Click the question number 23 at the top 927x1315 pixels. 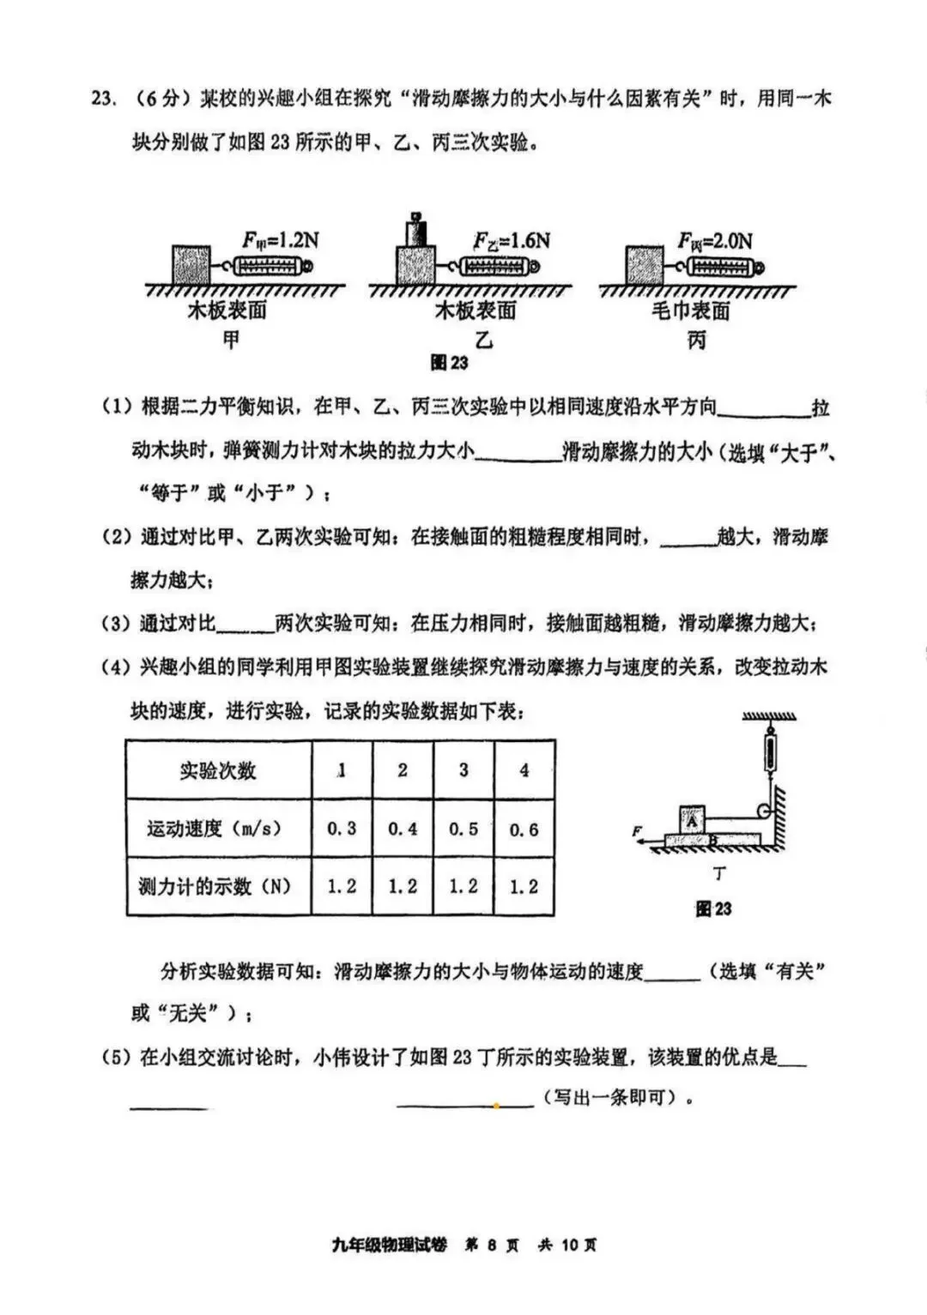pos(102,100)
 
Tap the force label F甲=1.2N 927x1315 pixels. pos(280,240)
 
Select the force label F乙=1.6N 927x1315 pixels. pos(512,240)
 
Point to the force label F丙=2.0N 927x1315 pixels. pos(714,241)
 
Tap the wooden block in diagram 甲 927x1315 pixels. pos(191,265)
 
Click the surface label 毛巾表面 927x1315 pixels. pos(691,311)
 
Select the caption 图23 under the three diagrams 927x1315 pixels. pos(449,363)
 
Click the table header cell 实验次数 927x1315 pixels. pos(218,770)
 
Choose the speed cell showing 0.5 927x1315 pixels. pos(463,829)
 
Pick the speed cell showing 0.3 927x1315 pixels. pos(342,829)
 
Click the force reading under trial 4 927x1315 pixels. pos(524,886)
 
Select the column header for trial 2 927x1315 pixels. pos(403,770)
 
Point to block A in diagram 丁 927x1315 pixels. pos(692,819)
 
